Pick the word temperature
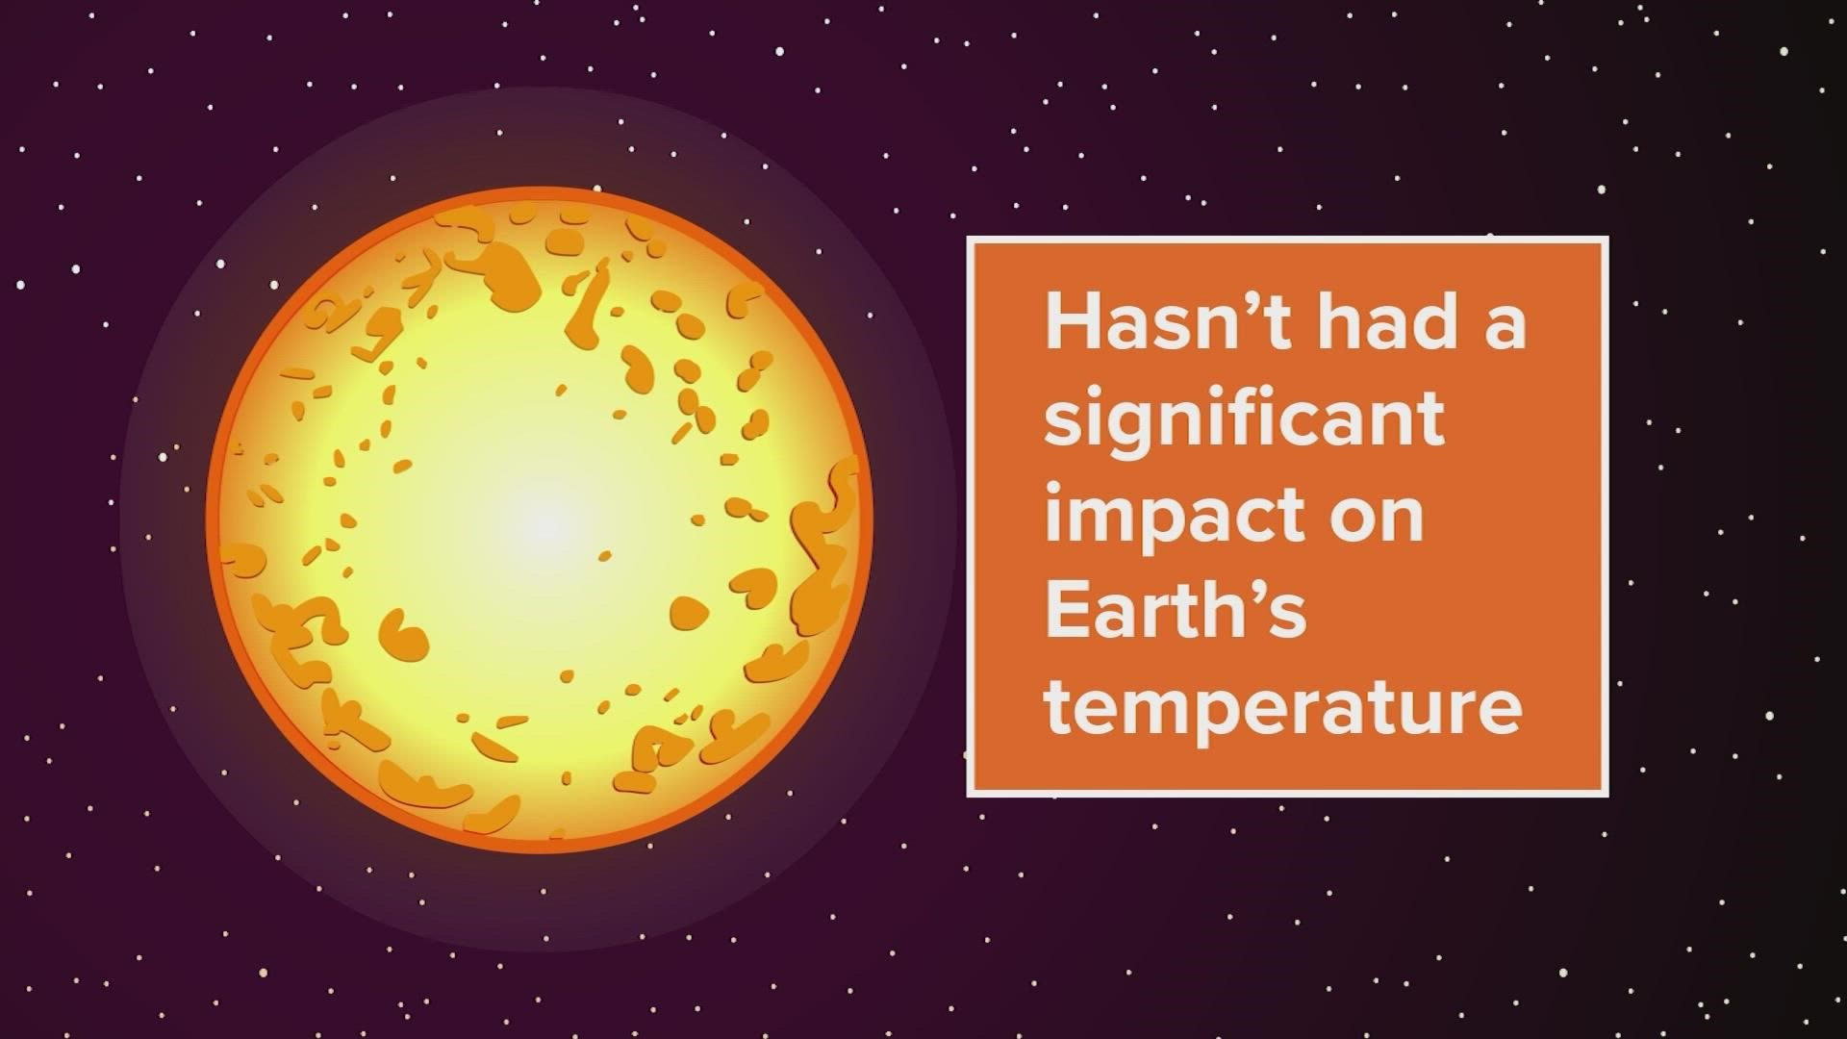[1284, 710]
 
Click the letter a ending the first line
[1503, 325]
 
